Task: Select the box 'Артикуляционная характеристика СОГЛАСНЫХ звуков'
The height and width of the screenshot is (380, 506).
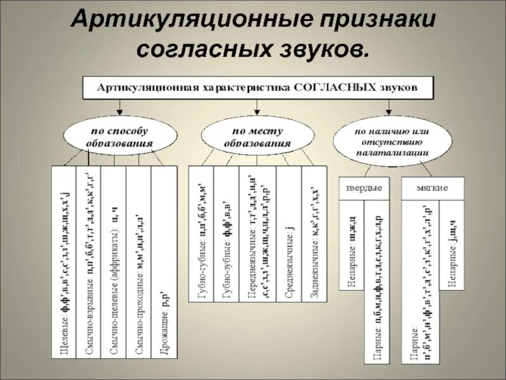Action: [257, 87]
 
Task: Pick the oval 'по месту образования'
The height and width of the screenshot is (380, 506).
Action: [257, 137]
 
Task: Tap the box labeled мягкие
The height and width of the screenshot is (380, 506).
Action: [433, 188]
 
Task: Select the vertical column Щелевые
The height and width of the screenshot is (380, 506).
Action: [63, 260]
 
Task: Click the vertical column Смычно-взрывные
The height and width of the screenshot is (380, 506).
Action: [87, 260]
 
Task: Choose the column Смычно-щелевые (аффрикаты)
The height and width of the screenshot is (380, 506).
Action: [113, 260]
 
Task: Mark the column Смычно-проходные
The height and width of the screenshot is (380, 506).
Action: [139, 260]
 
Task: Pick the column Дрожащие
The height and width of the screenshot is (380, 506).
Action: [164, 260]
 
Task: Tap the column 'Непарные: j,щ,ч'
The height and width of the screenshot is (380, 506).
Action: [453, 253]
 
